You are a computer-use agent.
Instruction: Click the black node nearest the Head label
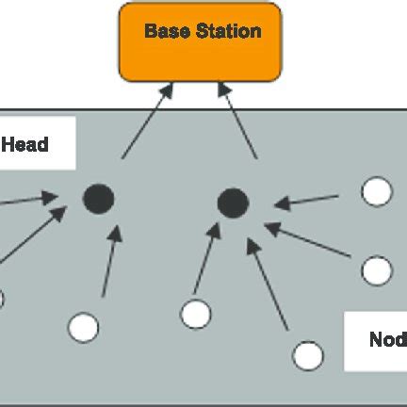pos(98,199)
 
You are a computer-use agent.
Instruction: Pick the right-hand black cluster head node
pos(232,202)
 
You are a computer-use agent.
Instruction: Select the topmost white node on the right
pos(377,191)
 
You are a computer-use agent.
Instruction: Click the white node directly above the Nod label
pos(377,270)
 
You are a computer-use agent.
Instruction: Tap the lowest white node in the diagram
pos(308,355)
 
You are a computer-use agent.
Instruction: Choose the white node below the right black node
pos(196,314)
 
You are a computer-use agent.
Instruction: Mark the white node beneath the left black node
pos(84,327)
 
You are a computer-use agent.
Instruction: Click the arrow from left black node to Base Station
pos(146,120)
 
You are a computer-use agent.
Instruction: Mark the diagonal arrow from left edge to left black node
pos(33,235)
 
